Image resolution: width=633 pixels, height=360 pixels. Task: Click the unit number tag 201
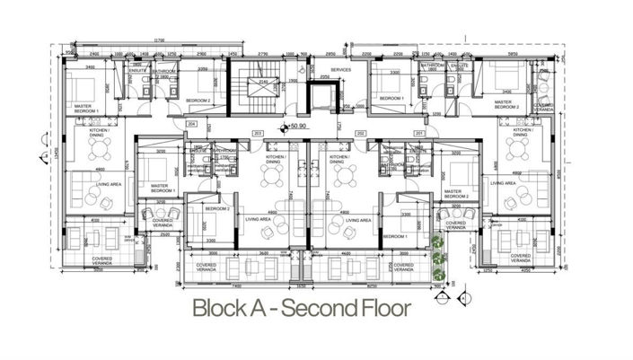pyautogui.click(x=418, y=134)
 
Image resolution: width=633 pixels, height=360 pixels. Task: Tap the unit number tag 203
pyautogui.click(x=258, y=134)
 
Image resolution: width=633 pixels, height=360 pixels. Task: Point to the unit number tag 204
pyautogui.click(x=190, y=125)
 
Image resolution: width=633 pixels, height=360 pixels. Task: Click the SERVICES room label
pyautogui.click(x=340, y=69)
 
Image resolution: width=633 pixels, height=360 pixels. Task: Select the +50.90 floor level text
pyautogui.click(x=299, y=127)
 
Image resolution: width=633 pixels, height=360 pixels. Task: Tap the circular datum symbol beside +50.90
pyautogui.click(x=284, y=127)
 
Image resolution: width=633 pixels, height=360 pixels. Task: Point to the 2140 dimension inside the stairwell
pyautogui.click(x=263, y=81)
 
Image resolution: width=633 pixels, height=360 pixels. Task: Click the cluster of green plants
pyautogui.click(x=438, y=256)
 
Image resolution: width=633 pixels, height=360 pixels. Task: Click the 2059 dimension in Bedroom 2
pyautogui.click(x=203, y=69)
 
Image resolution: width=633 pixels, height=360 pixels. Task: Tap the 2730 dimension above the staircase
pyautogui.click(x=263, y=54)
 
